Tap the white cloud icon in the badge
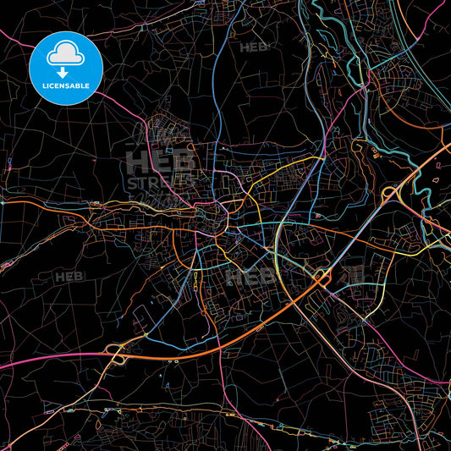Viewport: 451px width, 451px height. click(x=65, y=55)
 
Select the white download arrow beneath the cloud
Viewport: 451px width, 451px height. click(x=65, y=71)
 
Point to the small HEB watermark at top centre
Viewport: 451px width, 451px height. click(x=252, y=47)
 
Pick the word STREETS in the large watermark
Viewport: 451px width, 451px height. click(x=161, y=183)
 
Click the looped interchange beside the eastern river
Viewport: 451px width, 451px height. click(x=391, y=195)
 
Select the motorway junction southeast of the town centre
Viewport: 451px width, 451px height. click(x=321, y=276)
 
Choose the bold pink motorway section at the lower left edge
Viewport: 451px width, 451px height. click(x=34, y=355)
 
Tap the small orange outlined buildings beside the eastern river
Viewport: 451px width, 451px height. click(x=374, y=152)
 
